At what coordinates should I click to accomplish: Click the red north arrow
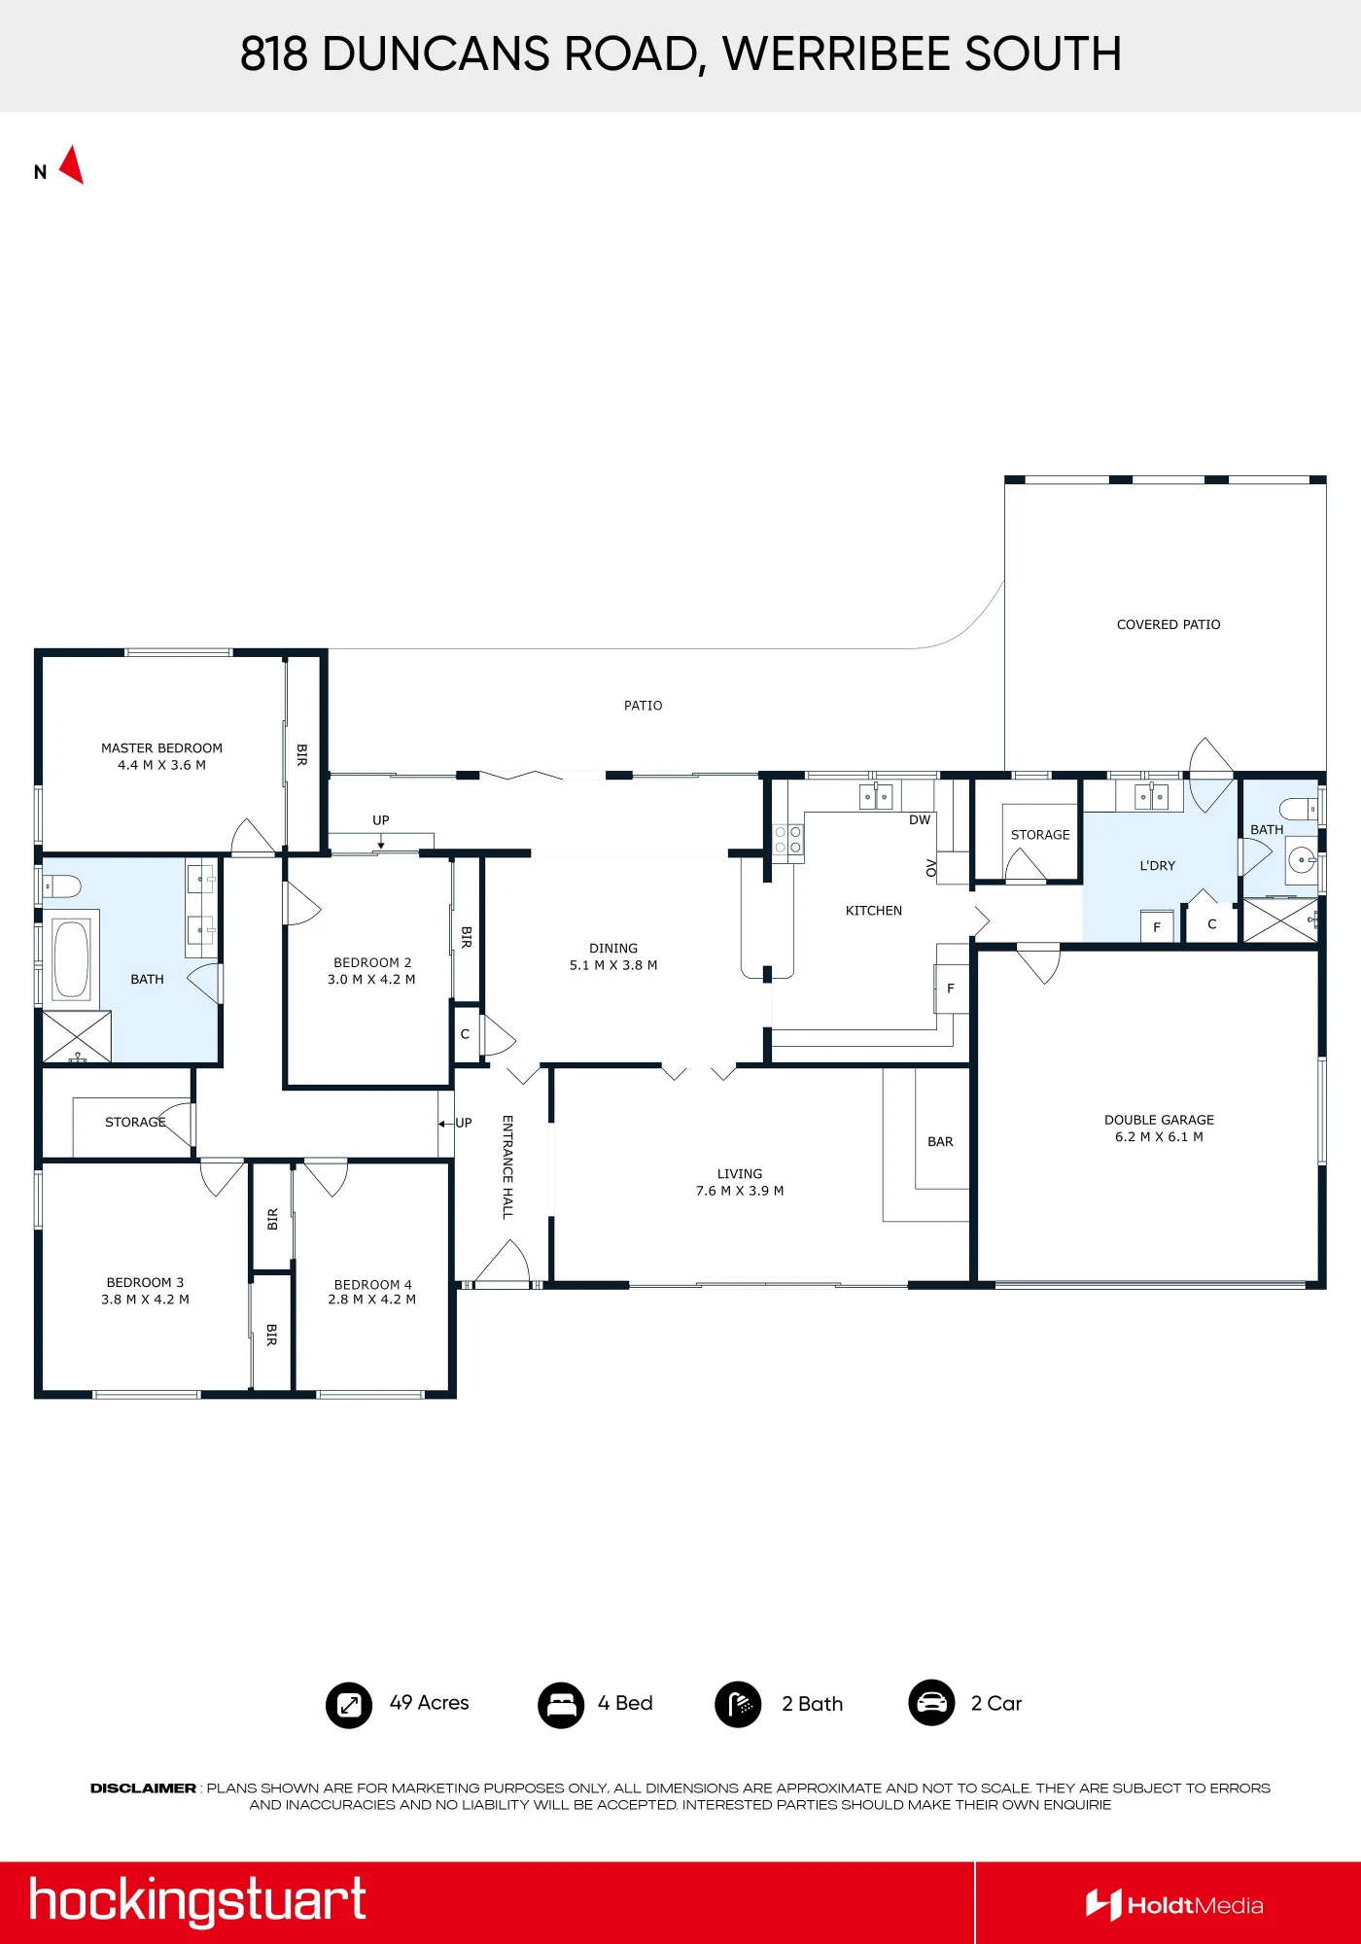click(73, 165)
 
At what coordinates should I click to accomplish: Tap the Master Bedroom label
click(161, 748)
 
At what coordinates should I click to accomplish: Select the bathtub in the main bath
click(71, 959)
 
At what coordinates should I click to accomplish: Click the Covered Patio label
click(1169, 625)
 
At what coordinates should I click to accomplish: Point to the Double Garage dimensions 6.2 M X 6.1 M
click(1159, 1137)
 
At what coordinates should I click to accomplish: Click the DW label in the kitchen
click(920, 820)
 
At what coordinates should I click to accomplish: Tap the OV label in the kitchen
click(931, 868)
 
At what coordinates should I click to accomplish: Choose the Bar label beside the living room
click(940, 1142)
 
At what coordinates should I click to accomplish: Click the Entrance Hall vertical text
click(507, 1167)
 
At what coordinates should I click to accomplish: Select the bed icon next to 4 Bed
click(561, 1705)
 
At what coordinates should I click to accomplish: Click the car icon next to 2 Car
click(931, 1703)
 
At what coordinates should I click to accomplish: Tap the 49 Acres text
click(429, 1703)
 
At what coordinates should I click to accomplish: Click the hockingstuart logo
click(197, 1901)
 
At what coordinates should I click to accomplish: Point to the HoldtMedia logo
click(1174, 1905)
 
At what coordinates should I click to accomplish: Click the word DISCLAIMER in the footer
click(143, 1788)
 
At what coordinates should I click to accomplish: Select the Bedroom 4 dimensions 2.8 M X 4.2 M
click(371, 1300)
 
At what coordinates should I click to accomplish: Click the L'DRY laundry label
click(1157, 866)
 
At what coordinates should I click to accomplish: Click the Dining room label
click(613, 949)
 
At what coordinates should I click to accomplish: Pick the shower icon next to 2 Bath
click(739, 1705)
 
